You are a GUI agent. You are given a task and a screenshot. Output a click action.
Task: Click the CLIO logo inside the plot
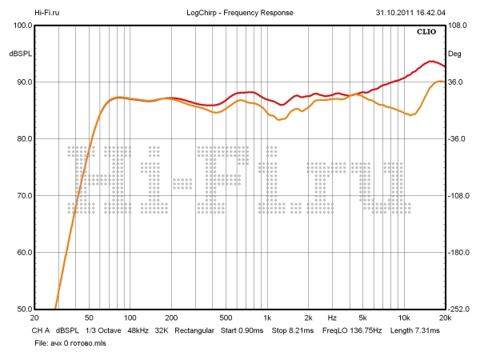(x=426, y=32)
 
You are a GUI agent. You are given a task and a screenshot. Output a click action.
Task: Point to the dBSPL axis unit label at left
(x=20, y=54)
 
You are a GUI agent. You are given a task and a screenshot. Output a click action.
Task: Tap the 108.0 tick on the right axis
(x=457, y=25)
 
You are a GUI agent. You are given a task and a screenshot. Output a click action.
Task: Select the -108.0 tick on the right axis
(x=458, y=196)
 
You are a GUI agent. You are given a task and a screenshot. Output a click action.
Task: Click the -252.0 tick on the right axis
(x=458, y=310)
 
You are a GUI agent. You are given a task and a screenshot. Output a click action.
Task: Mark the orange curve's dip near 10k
(x=411, y=115)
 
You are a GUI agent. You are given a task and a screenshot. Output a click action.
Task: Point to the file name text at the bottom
(x=69, y=342)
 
